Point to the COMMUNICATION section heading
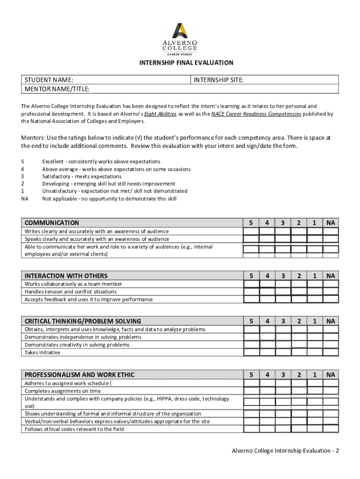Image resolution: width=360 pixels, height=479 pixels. (52, 223)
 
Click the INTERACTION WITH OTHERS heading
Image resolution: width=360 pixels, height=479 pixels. (66, 276)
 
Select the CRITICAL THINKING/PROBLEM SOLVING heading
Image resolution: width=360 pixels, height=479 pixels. (83, 321)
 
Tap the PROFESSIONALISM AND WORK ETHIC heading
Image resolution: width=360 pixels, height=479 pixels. (79, 375)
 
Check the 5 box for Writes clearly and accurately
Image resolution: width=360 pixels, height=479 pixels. (251, 232)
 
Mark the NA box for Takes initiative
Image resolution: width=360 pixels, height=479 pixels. (331, 352)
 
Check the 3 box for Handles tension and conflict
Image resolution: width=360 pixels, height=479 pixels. (283, 291)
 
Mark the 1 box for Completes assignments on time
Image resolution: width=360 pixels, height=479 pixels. (315, 391)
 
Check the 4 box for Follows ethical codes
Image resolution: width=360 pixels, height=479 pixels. (267, 429)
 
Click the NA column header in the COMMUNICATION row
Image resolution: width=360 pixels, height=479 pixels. (331, 223)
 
